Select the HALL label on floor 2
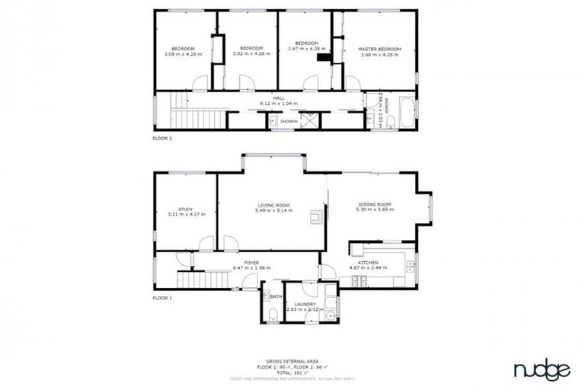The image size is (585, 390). pyautogui.click(x=278, y=98)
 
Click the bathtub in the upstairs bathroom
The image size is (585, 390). pyautogui.click(x=405, y=113)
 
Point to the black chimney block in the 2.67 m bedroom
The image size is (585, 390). pyautogui.click(x=324, y=56)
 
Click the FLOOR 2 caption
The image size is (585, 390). pyautogui.click(x=163, y=139)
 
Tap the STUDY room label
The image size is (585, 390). pyautogui.click(x=186, y=209)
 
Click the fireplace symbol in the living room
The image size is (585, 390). pyautogui.click(x=315, y=219)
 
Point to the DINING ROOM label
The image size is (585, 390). pyautogui.click(x=373, y=204)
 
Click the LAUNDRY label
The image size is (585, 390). pyautogui.click(x=305, y=304)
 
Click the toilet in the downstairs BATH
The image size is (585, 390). pyautogui.click(x=272, y=315)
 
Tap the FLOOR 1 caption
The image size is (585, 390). pyautogui.click(x=163, y=298)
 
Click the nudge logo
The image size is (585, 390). pyautogui.click(x=541, y=370)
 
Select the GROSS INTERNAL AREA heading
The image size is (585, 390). pyautogui.click(x=292, y=360)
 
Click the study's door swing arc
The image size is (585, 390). pyautogui.click(x=206, y=244)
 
